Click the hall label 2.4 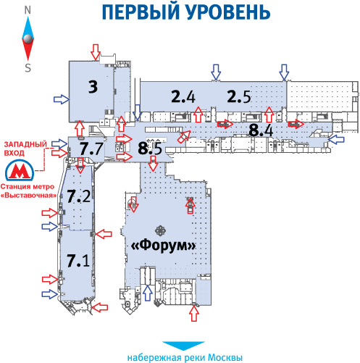point(183,96)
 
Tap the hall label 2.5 point(239,96)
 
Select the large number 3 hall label point(93,86)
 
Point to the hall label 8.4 point(261,130)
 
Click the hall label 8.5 point(150,148)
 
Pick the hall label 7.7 point(92,149)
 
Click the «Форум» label point(163,246)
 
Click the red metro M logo point(20,170)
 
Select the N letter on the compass point(28,10)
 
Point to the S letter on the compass point(28,67)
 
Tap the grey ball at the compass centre point(28,38)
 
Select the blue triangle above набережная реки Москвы point(183,346)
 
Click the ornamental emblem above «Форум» point(160,231)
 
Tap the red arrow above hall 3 point(96,51)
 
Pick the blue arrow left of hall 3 point(62,99)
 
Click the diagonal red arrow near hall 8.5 point(184,136)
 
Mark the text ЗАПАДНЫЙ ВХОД point(25,149)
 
